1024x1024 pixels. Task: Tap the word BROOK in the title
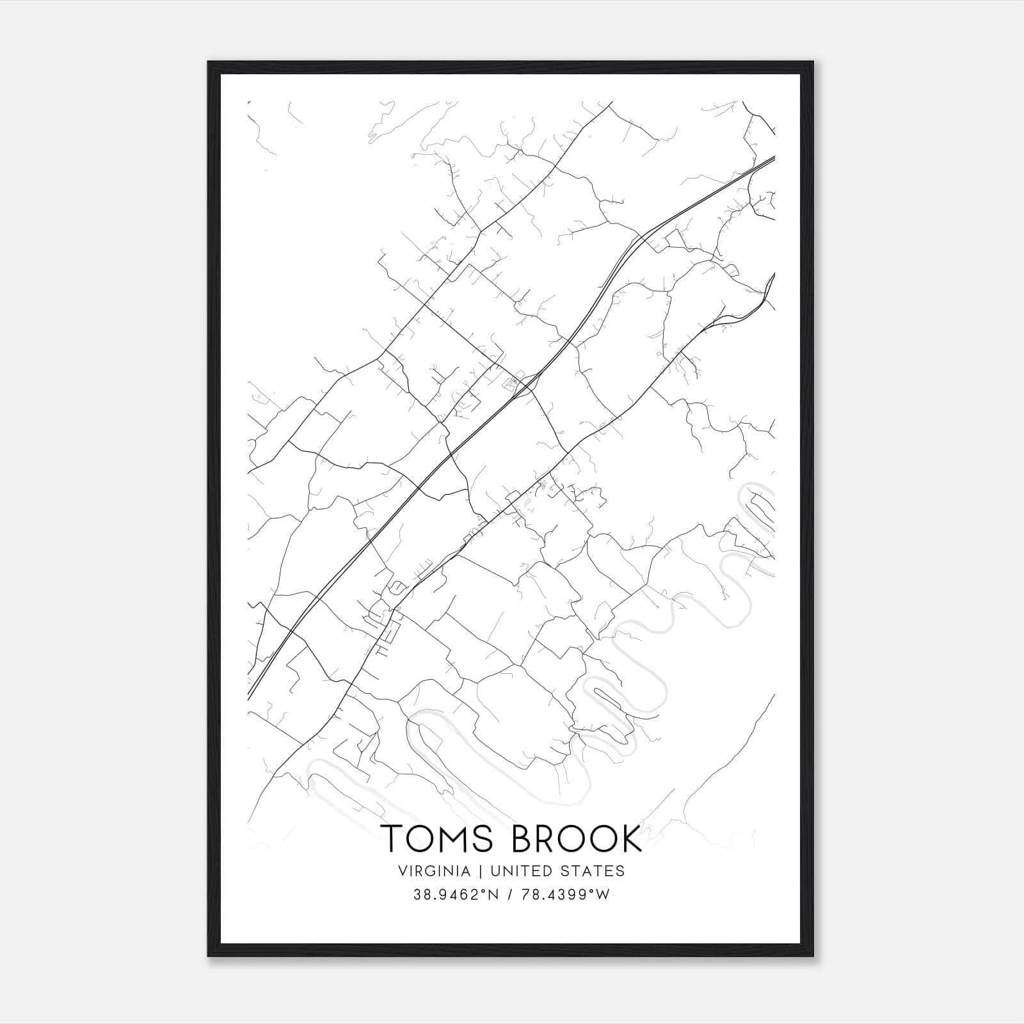coord(576,838)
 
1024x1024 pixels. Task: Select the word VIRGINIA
coord(433,871)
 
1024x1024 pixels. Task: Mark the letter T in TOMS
coord(392,838)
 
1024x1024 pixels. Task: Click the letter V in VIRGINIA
coord(403,871)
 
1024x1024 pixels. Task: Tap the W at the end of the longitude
coord(604,895)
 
